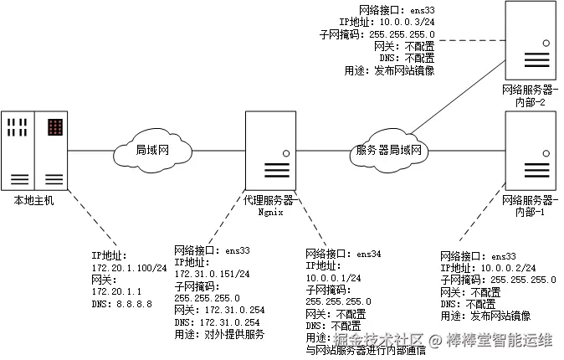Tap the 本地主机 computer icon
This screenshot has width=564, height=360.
click(34, 152)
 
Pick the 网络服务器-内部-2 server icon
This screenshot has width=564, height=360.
click(530, 40)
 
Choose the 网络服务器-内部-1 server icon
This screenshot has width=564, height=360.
click(530, 151)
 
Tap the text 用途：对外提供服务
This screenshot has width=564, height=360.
click(219, 333)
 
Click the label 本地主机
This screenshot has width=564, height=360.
click(34, 201)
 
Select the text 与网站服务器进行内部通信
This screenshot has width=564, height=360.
click(366, 350)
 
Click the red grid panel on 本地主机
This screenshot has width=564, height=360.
click(55, 128)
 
